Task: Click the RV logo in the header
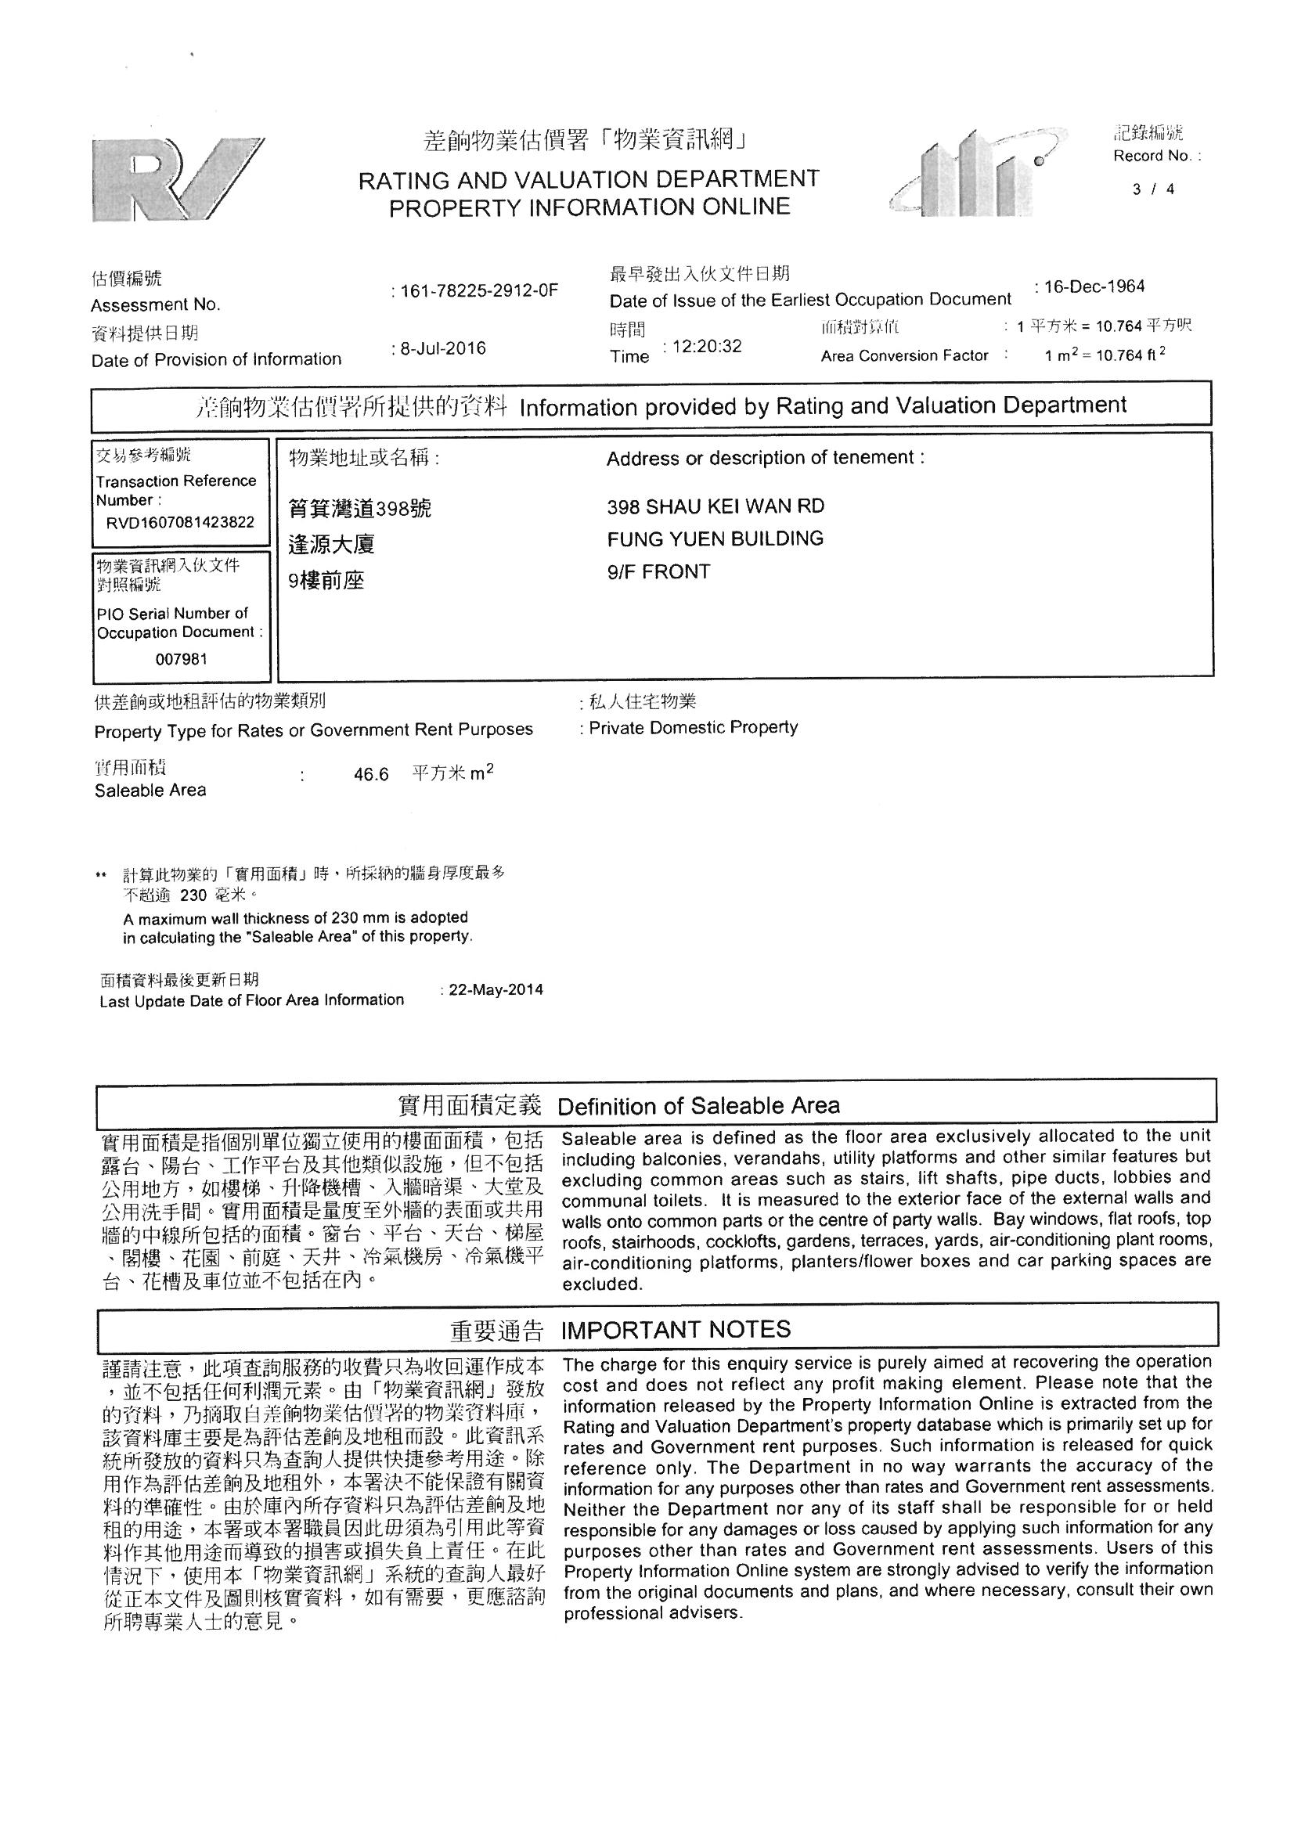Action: tap(178, 179)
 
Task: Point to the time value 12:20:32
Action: tap(706, 346)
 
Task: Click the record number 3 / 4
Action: tap(1153, 189)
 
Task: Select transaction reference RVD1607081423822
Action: tap(180, 523)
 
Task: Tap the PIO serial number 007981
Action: tap(181, 659)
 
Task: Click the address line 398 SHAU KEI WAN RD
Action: tap(715, 506)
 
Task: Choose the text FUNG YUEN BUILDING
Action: tap(715, 539)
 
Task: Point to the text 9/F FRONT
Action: tap(658, 571)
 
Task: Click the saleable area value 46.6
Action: tap(371, 775)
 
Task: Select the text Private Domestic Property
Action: tap(693, 727)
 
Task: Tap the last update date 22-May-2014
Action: tap(496, 990)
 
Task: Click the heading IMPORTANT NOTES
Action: tap(676, 1330)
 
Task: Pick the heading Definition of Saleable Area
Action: tap(698, 1105)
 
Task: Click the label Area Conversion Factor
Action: tap(904, 355)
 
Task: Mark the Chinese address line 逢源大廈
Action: tap(331, 544)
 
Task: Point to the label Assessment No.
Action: tap(156, 305)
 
